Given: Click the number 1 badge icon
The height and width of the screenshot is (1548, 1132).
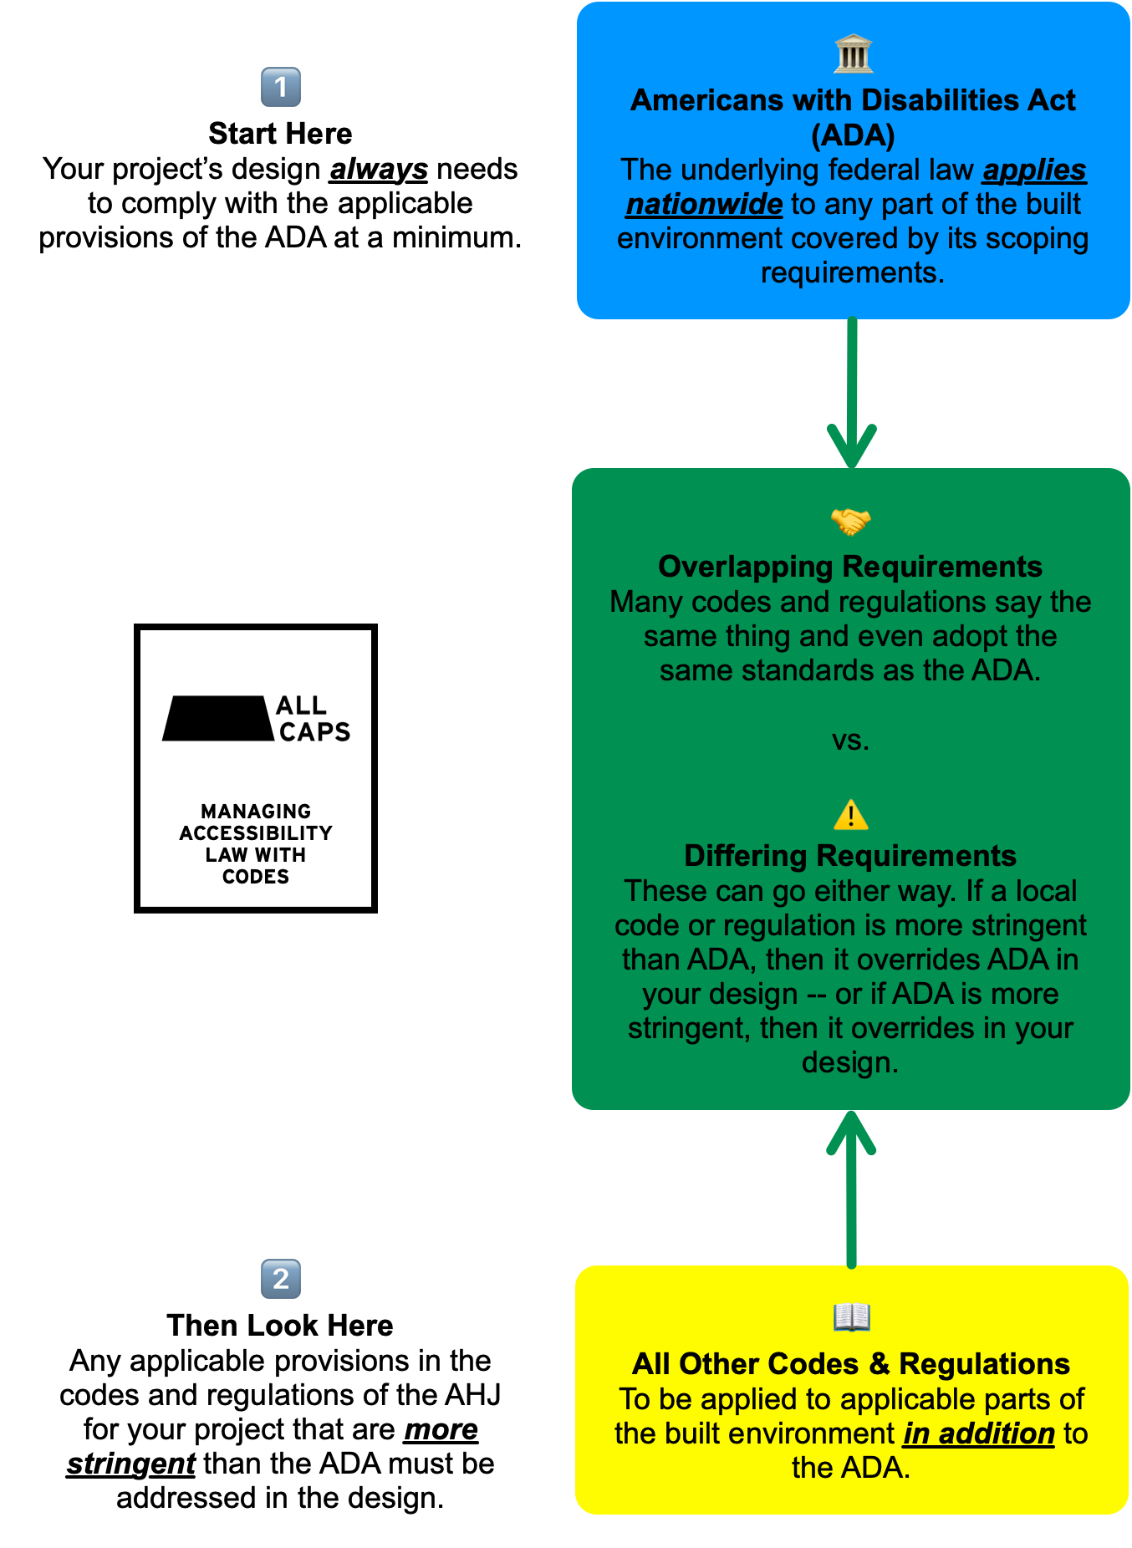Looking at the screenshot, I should click(281, 88).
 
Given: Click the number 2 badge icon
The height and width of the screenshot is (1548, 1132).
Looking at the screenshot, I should click(281, 1279).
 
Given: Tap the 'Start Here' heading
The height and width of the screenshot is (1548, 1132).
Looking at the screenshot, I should click(280, 134).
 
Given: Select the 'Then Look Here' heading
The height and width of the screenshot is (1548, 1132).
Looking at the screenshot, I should click(280, 1326).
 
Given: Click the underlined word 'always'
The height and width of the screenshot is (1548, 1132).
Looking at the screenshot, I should click(379, 170).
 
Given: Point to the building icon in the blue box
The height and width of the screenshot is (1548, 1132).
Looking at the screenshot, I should click(853, 54).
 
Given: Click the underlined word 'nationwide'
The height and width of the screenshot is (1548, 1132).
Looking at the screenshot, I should click(704, 205).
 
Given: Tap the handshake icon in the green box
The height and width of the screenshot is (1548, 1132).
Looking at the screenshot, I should click(851, 522).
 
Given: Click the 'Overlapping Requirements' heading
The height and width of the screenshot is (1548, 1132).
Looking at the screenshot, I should click(850, 567).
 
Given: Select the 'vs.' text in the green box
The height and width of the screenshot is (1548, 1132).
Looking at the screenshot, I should click(850, 741).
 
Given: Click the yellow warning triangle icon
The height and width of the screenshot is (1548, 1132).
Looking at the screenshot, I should click(851, 815).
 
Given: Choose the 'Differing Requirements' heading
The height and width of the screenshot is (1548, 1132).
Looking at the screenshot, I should click(850, 856).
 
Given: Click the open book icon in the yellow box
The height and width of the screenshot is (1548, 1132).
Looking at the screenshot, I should click(852, 1318).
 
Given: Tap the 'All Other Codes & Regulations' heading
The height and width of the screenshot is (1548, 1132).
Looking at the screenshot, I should click(851, 1364).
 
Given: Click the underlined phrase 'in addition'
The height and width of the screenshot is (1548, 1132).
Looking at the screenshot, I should click(979, 1434).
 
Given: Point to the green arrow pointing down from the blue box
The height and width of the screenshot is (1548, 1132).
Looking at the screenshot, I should click(852, 393).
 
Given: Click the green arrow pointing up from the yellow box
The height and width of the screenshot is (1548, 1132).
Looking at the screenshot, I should click(851, 1187).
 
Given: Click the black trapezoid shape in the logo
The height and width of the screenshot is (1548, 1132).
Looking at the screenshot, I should click(218, 718).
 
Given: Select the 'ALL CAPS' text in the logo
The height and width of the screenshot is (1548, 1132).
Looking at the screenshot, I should click(314, 719).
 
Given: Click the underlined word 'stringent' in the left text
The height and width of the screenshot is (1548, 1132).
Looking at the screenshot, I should click(131, 1464).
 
